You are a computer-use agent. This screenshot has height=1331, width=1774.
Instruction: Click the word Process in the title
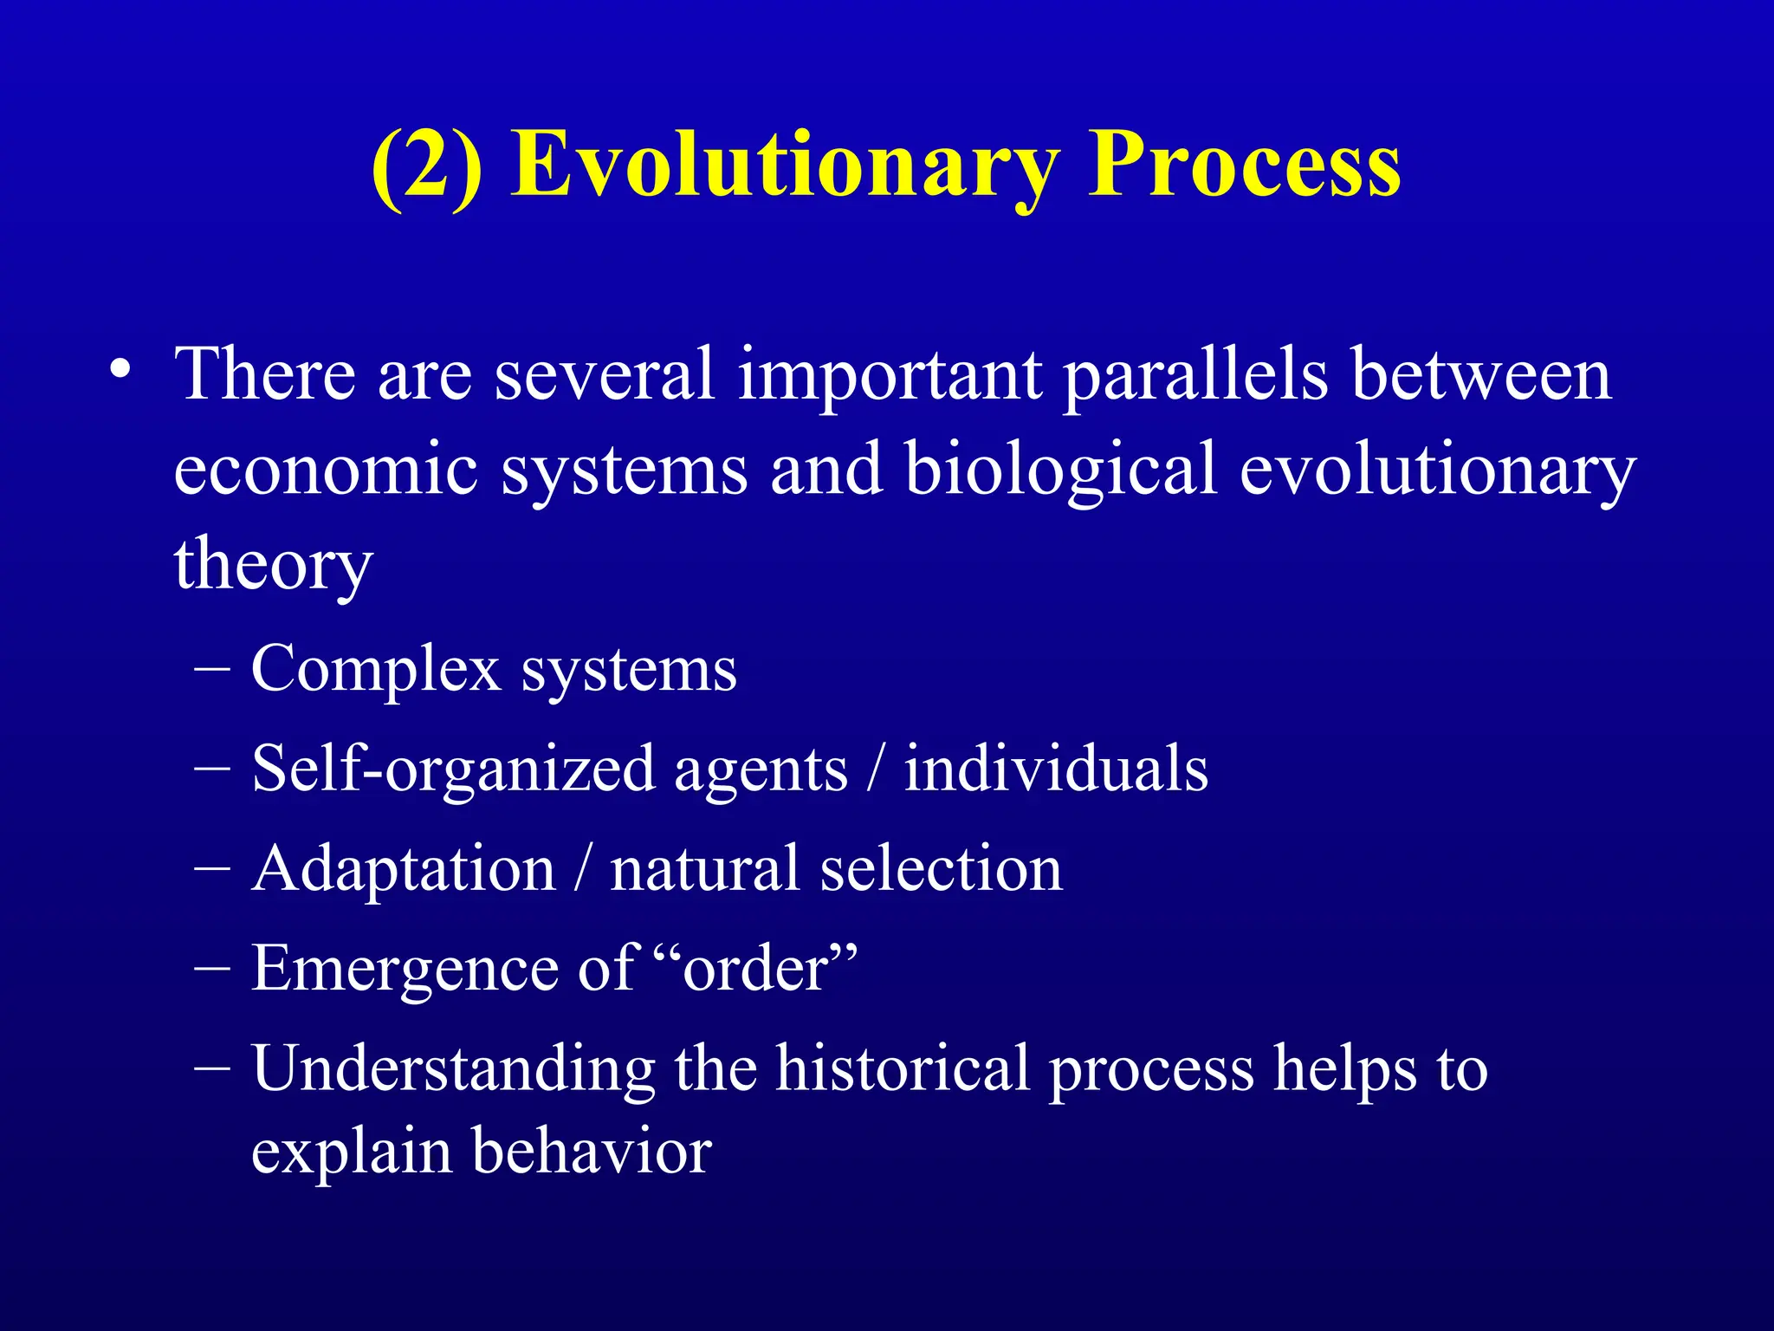[x=1244, y=165]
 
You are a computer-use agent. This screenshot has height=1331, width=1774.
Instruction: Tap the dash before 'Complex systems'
[x=212, y=670]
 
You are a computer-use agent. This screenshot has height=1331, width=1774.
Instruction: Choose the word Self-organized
[x=452, y=769]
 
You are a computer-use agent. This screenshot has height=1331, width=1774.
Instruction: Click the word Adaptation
[x=404, y=869]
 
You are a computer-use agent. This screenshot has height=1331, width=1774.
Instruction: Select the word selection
[x=941, y=868]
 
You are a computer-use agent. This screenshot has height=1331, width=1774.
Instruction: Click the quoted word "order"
[x=755, y=968]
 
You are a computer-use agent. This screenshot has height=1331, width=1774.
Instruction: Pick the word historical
[x=902, y=1068]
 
